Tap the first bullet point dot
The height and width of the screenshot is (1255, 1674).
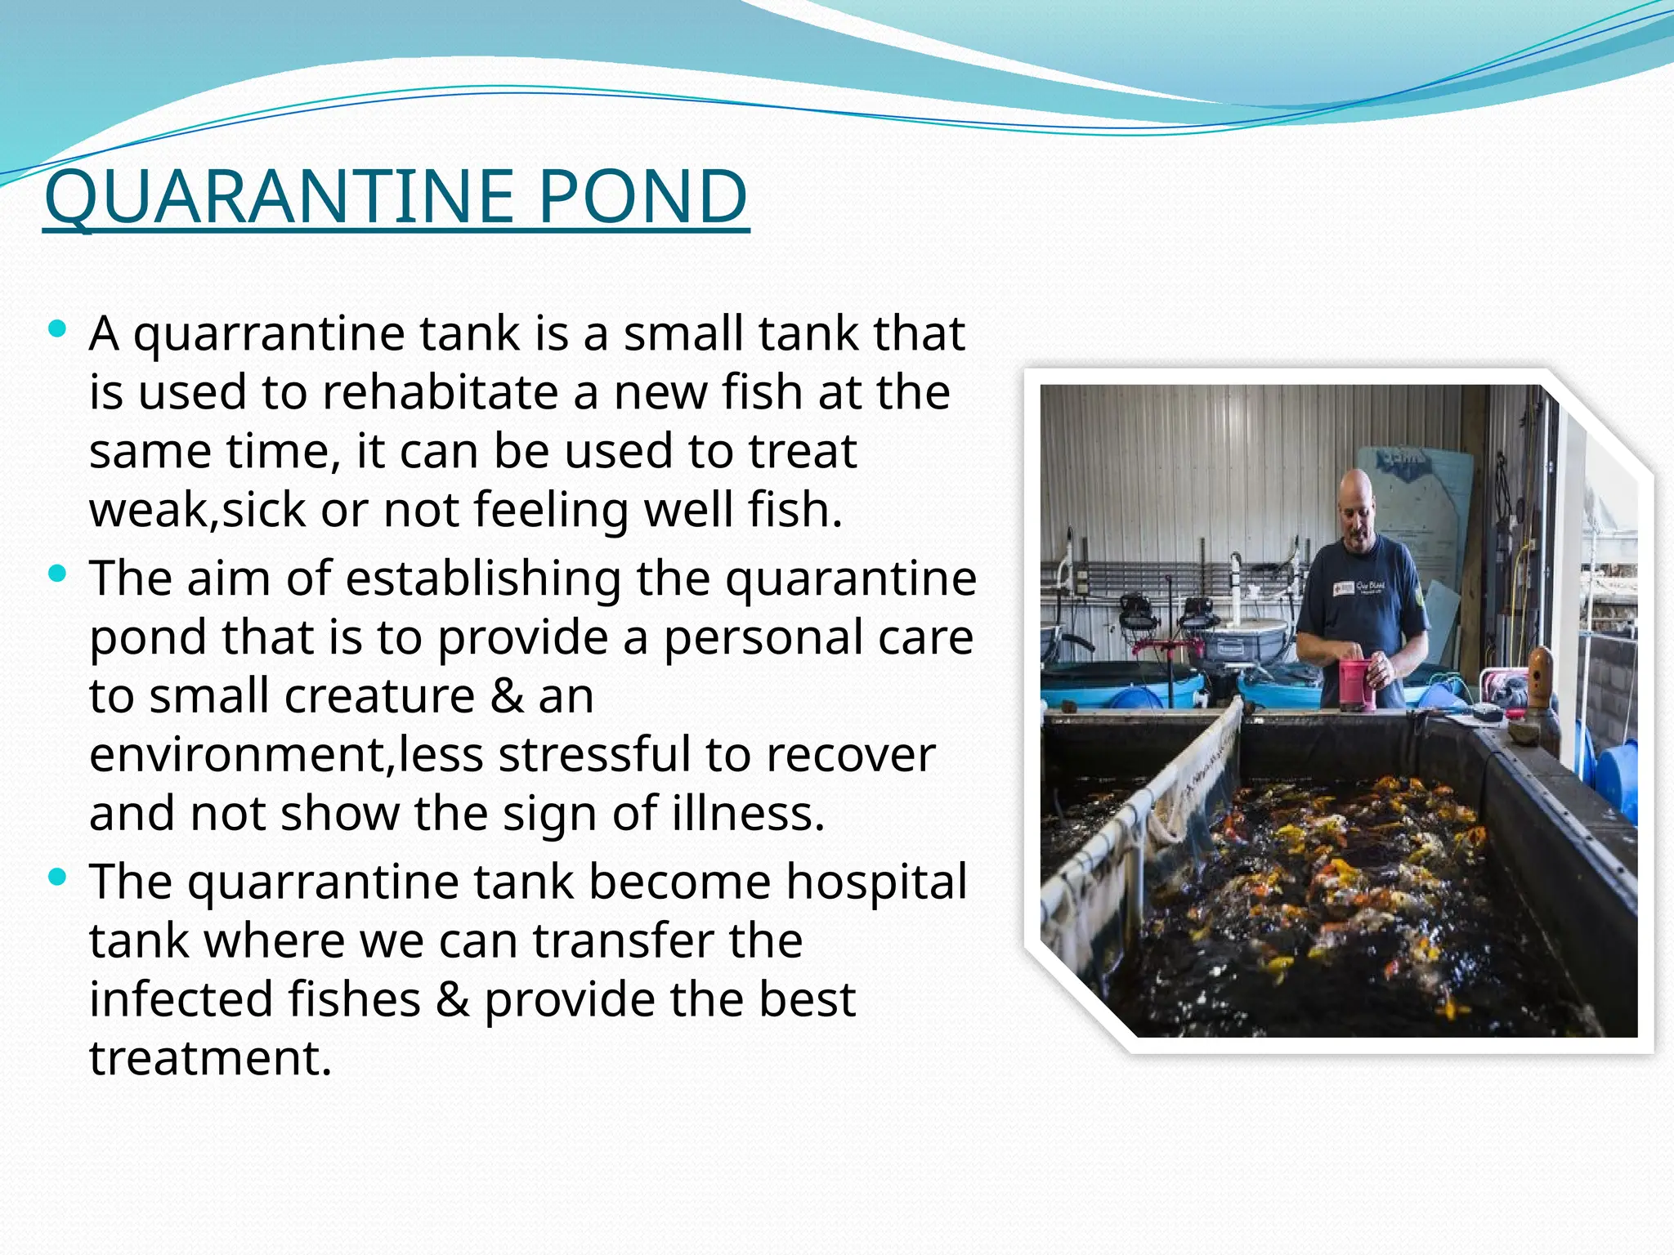(x=57, y=329)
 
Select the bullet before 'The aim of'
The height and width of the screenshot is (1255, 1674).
(x=57, y=574)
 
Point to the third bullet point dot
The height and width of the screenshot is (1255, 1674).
(x=57, y=878)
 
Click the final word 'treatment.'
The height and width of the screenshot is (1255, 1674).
(x=210, y=1059)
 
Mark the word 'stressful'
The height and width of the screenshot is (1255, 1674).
(x=594, y=755)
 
